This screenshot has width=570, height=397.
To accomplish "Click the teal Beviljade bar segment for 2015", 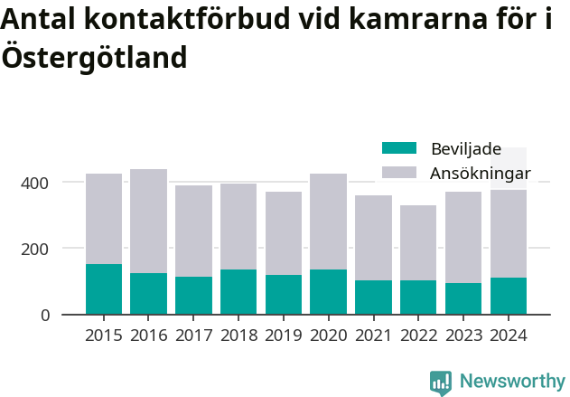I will pyautogui.click(x=104, y=289).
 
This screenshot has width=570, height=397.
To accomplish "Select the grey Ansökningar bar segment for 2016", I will pyautogui.click(x=149, y=222).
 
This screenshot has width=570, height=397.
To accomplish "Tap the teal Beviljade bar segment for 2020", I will pyautogui.click(x=329, y=292).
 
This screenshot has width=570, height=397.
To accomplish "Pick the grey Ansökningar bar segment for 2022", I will pyautogui.click(x=418, y=242).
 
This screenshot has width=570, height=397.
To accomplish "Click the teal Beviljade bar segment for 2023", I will pyautogui.click(x=463, y=298).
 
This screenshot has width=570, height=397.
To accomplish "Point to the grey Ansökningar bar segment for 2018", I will pyautogui.click(x=238, y=226).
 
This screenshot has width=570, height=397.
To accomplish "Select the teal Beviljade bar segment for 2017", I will pyautogui.click(x=193, y=296).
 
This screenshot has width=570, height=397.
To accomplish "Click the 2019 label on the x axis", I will pyautogui.click(x=284, y=336).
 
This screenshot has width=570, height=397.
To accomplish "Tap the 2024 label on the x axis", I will pyautogui.click(x=509, y=336).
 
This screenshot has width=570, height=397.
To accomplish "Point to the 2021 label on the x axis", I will pyautogui.click(x=373, y=336).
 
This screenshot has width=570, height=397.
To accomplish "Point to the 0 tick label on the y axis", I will pyautogui.click(x=43, y=315).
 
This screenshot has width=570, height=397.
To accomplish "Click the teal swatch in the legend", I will pyautogui.click(x=399, y=148).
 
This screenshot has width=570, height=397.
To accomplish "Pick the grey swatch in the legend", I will pyautogui.click(x=399, y=172).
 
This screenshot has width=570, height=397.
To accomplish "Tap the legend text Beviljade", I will pyautogui.click(x=466, y=148).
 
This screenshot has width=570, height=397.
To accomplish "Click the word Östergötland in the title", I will pyautogui.click(x=95, y=57).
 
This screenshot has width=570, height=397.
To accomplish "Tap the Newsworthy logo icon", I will pyautogui.click(x=441, y=383).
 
